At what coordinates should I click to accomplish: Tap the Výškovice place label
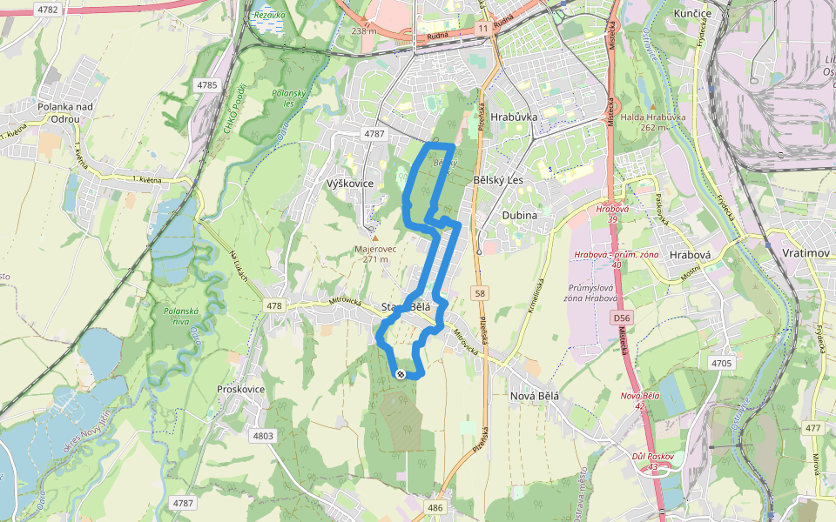[348, 184]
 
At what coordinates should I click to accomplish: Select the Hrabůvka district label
[514, 116]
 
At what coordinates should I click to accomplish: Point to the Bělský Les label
[496, 179]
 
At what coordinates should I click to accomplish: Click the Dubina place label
[520, 214]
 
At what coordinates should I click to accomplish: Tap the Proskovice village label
[240, 389]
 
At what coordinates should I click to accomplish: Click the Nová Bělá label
[533, 396]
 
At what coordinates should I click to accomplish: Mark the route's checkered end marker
[400, 374]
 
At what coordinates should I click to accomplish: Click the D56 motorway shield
[620, 319]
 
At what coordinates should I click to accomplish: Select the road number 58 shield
[480, 294]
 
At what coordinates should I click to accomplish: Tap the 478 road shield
[275, 305]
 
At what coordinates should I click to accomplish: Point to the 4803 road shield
[262, 436]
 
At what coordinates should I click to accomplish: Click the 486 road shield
[436, 506]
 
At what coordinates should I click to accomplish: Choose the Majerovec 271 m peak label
[375, 253]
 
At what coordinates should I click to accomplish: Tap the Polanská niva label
[183, 315]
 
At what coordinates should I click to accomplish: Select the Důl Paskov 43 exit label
[653, 461]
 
